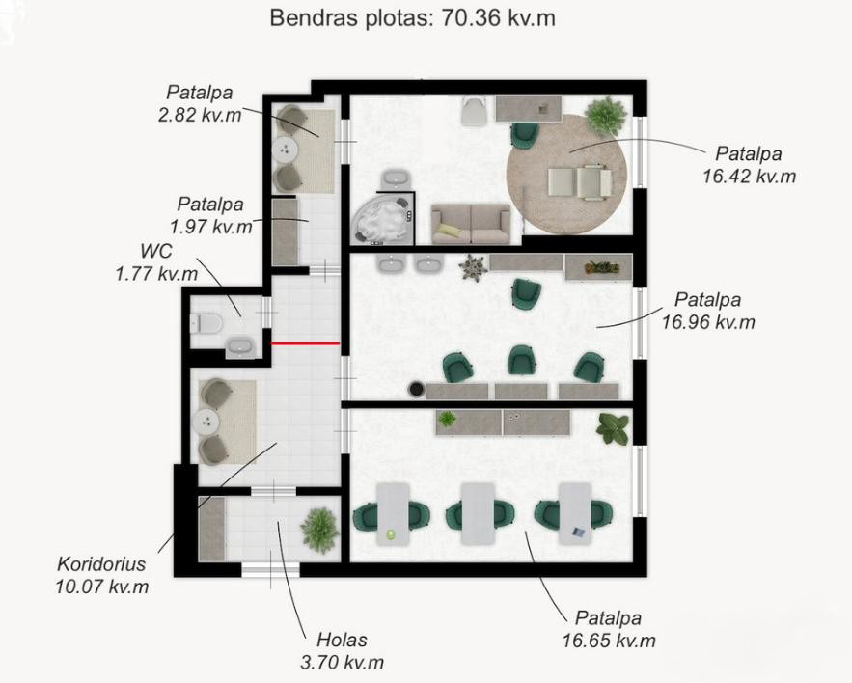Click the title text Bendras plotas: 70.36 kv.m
coord(412,18)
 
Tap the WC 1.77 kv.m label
coord(156,261)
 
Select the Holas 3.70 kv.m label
coord(342,651)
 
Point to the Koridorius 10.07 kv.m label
coord(101,575)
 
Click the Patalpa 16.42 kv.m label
coord(749,165)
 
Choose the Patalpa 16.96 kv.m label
coord(708,311)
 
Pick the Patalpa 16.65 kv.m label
coord(609,629)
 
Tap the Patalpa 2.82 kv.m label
coord(200,103)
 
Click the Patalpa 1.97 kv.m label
coord(210,215)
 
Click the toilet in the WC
coord(206,324)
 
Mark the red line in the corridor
coord(305,343)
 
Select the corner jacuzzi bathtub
coord(381,220)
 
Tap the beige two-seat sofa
coord(471,223)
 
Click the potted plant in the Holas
coord(320,530)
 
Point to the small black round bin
coord(416,389)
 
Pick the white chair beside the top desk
coord(476,110)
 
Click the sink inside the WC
coord(239,347)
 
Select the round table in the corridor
coord(208,422)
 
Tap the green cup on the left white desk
coord(390,534)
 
